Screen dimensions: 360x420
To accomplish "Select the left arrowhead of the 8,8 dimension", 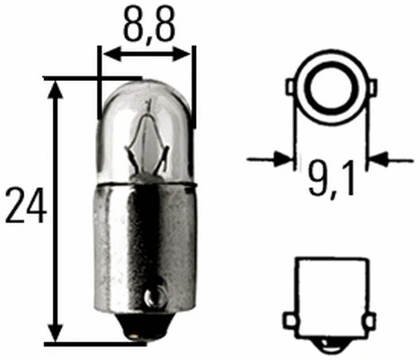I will [107, 53].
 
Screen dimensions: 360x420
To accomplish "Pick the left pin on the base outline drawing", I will [290, 321].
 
